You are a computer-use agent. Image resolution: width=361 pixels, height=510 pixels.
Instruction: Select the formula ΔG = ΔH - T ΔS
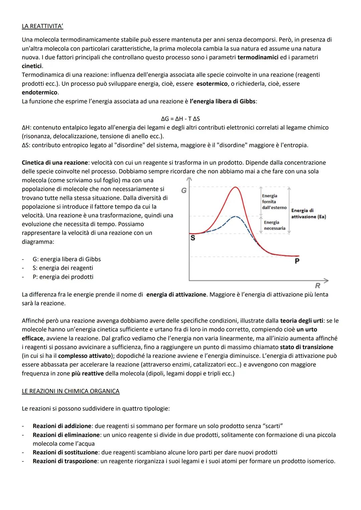(180, 119)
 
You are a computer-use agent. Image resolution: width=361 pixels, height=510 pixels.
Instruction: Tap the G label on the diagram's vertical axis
(184, 191)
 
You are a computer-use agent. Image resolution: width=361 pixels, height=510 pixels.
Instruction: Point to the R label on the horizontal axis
(317, 286)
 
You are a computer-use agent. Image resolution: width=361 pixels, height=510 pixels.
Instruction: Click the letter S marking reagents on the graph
(193, 238)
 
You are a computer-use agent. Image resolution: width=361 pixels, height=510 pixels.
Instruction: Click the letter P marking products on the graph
(297, 261)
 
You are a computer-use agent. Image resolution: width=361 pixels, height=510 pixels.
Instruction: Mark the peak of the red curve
(236, 187)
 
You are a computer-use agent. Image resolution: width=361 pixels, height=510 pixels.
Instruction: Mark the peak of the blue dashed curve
(236, 216)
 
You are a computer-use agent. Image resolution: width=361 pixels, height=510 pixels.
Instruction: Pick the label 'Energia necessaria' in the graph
(274, 225)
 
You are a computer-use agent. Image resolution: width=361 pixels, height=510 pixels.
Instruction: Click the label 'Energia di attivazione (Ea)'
(308, 214)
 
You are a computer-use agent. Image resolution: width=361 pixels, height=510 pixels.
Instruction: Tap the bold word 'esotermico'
(212, 83)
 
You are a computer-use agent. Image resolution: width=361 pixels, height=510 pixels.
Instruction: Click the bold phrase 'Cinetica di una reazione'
(54, 163)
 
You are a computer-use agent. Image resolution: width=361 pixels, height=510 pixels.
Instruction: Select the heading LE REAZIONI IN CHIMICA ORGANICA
(71, 391)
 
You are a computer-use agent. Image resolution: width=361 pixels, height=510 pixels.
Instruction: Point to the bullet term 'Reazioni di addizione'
(62, 426)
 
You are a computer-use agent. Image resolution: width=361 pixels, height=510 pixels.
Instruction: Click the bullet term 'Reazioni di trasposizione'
(66, 461)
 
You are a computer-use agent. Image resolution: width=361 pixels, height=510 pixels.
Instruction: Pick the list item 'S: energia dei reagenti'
(63, 268)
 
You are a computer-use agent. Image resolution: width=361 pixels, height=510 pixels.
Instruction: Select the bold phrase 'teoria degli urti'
(302, 321)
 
